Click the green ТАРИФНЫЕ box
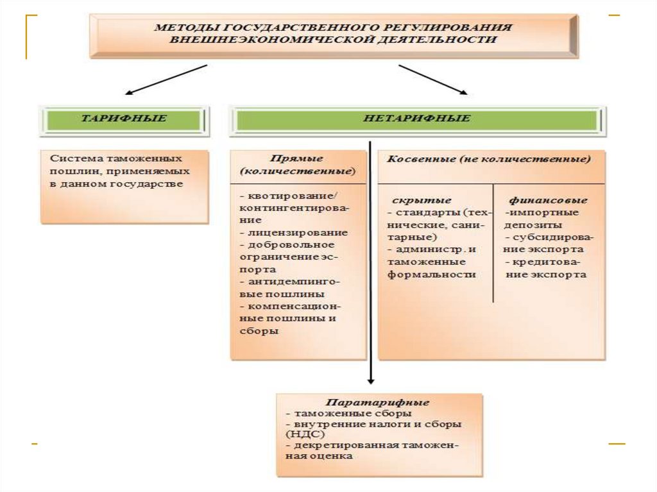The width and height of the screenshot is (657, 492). click(124, 119)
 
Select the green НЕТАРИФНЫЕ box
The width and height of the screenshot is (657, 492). click(417, 119)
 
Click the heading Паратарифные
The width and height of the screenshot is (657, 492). click(377, 402)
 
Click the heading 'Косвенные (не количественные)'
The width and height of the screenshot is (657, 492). click(489, 158)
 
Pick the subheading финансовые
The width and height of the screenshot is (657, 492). click(548, 200)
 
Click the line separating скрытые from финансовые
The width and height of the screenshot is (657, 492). click(493, 244)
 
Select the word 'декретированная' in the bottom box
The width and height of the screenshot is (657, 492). click(333, 445)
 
